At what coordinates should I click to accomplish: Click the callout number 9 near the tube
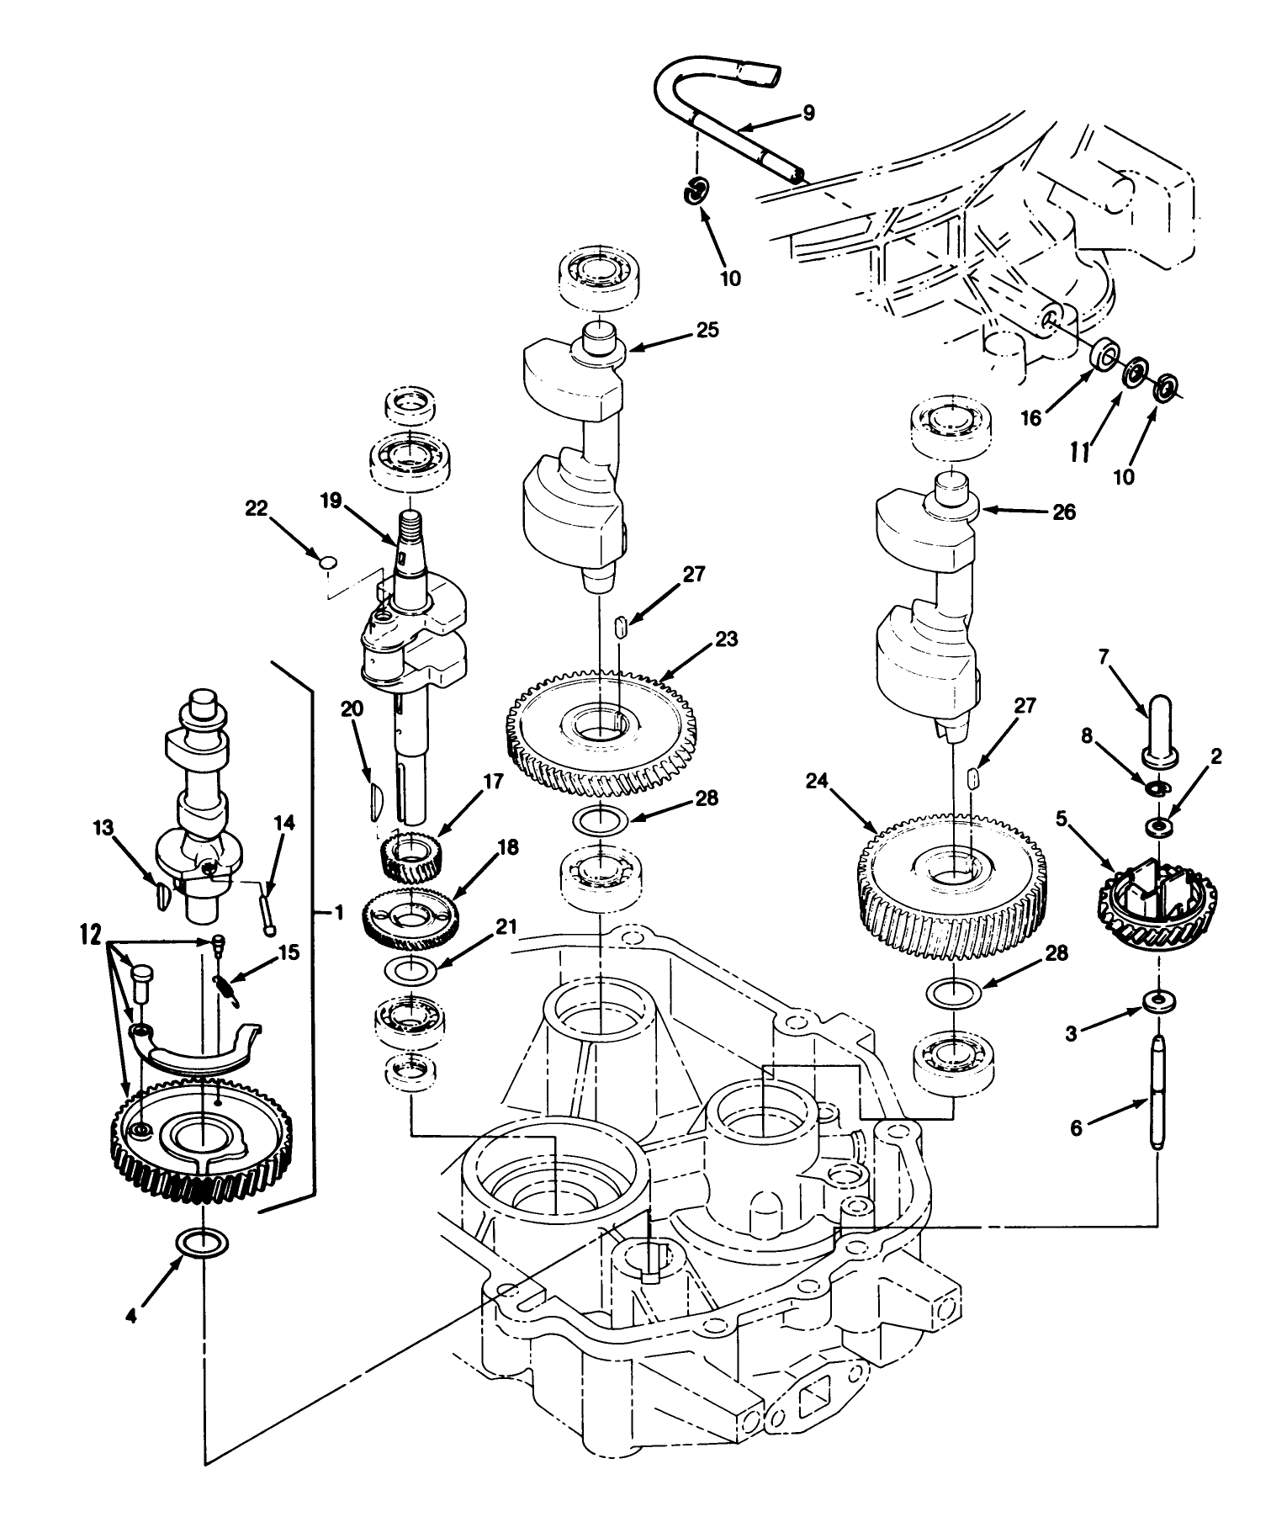coord(808,113)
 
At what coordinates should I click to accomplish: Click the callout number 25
coord(708,330)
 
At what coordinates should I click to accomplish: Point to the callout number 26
coord(1064,512)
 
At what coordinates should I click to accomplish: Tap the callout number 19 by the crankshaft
coord(331,501)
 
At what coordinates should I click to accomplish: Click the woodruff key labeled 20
coord(375,799)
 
